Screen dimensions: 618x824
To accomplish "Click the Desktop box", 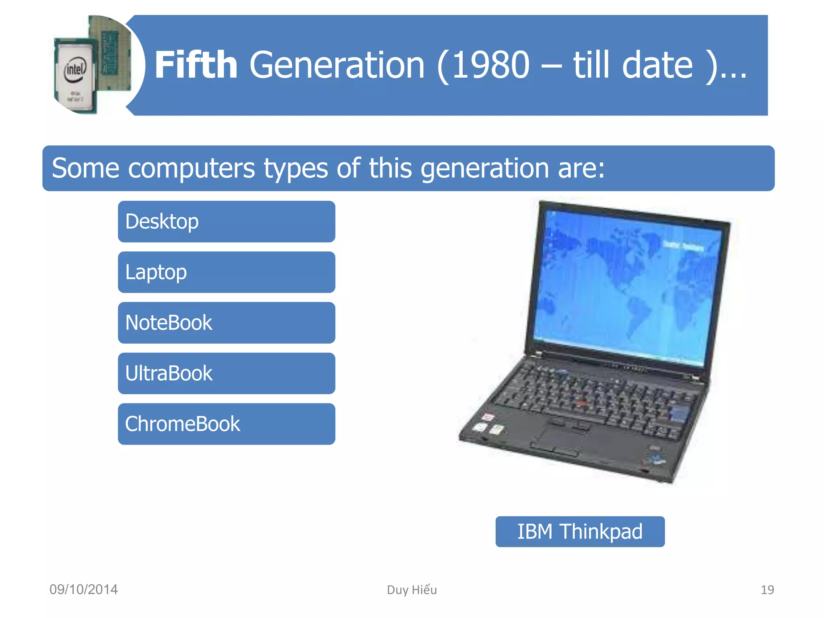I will click(x=226, y=222).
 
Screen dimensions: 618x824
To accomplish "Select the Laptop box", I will click(x=226, y=272).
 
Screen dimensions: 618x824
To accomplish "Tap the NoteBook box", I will click(x=226, y=323).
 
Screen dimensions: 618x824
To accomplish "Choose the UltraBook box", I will click(x=226, y=373).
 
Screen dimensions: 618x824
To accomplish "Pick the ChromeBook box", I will click(x=226, y=424).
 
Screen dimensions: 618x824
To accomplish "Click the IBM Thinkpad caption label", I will click(x=580, y=531).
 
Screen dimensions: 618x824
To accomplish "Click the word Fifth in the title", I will click(x=196, y=65).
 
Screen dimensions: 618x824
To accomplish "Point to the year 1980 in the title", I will click(x=490, y=65).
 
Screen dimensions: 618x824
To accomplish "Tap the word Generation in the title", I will click(x=337, y=65).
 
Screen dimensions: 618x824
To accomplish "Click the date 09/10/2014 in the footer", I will click(x=84, y=589).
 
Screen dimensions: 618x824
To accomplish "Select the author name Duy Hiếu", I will click(x=412, y=590).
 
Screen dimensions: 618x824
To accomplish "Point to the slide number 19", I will click(x=767, y=590).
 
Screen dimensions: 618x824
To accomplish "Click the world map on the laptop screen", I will click(x=628, y=282).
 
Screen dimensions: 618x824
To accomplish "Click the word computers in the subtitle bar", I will click(x=191, y=168).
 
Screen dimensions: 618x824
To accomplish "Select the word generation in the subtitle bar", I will click(x=484, y=168).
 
